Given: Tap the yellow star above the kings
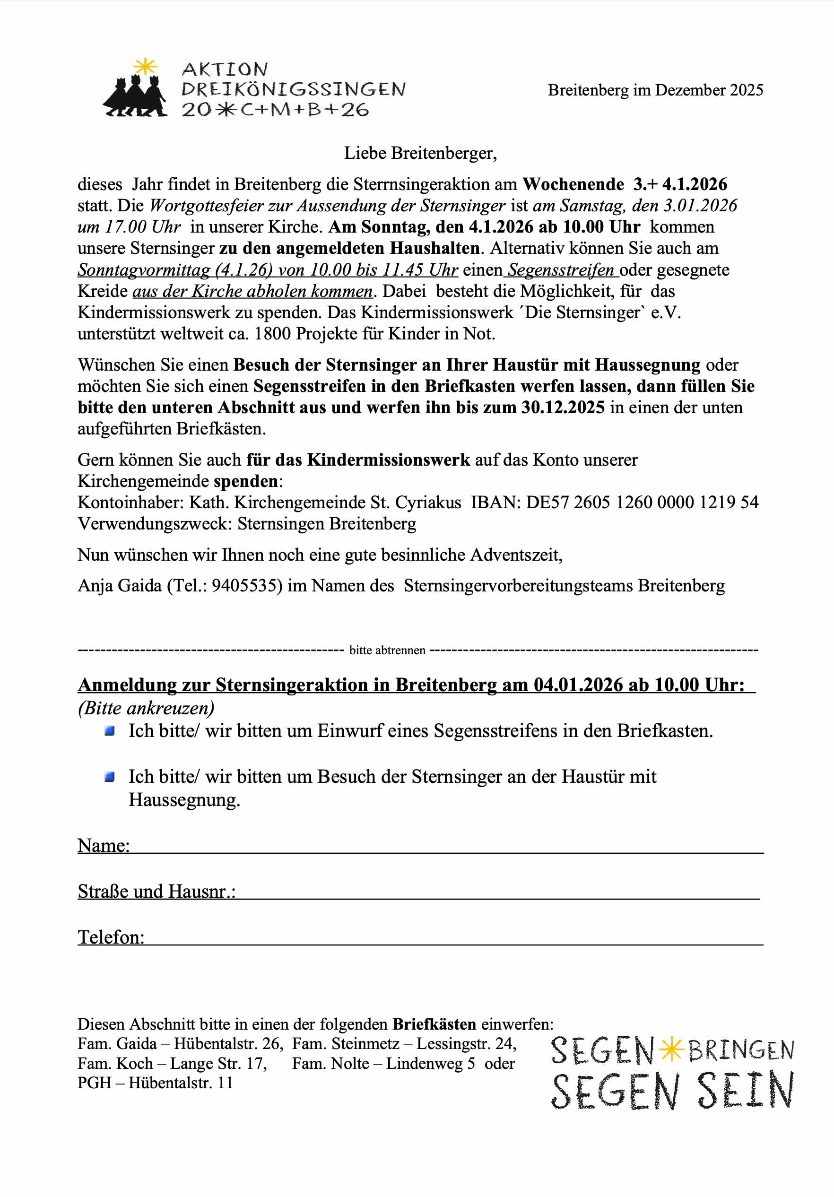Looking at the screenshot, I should tap(146, 67).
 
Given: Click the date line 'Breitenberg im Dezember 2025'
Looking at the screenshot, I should tap(655, 90).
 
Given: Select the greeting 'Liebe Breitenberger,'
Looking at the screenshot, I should tap(420, 153).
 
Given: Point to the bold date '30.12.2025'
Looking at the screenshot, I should tap(563, 407).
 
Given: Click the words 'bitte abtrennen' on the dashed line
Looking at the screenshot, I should tap(387, 650).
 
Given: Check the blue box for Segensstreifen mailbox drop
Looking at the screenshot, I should tap(110, 731).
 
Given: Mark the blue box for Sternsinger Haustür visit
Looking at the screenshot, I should tap(110, 777).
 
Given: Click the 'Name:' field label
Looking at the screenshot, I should tap(104, 845).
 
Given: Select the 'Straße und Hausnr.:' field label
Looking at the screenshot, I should tap(156, 891).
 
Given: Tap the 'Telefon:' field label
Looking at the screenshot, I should tap(111, 937).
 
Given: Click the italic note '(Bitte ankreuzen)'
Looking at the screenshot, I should tap(146, 708).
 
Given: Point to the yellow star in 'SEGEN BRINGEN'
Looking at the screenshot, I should tap(671, 1050).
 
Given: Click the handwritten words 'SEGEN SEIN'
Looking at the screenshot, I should tap(672, 1091).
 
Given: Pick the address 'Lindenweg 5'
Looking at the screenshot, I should tap(431, 1064).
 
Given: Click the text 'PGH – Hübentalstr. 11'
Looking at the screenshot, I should tap(155, 1083).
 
